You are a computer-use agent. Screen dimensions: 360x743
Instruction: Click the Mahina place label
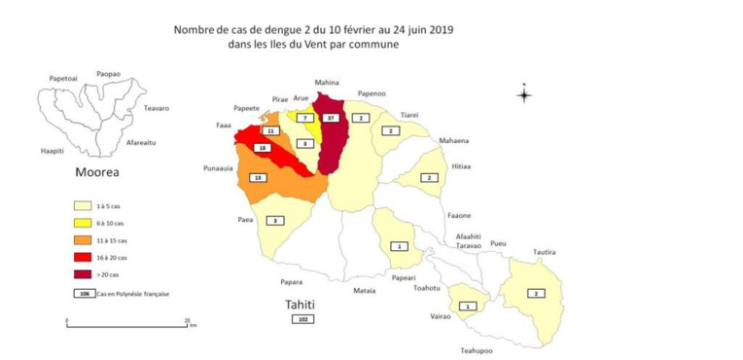pos(328,83)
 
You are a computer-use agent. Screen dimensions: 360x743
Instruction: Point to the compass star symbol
pos(524,94)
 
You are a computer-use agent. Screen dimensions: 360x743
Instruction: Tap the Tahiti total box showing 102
pos(304,318)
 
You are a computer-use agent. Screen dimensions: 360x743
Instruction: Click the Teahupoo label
pos(477,350)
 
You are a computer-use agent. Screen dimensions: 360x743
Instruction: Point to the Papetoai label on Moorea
pos(63,78)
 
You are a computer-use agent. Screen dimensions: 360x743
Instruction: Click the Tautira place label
pos(545,252)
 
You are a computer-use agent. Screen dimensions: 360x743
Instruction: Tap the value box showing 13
pos(258,178)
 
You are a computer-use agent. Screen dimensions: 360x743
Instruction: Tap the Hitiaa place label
pos(461,166)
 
